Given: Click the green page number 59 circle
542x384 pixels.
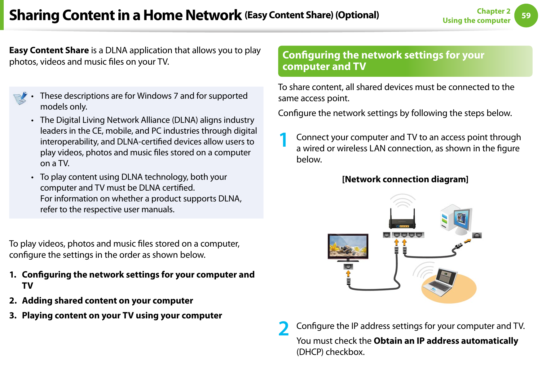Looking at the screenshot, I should [x=526, y=15].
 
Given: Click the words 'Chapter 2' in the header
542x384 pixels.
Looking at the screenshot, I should [x=493, y=11].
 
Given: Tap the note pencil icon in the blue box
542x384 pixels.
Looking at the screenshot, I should [x=20, y=98].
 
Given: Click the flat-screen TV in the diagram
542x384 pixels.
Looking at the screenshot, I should [x=348, y=246].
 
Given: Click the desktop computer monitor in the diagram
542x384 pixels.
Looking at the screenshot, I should [x=462, y=218].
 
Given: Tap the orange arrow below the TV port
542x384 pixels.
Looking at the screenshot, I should [x=348, y=274].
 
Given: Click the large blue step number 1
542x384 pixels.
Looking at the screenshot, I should [x=283, y=140].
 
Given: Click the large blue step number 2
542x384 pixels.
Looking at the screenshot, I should [x=283, y=329].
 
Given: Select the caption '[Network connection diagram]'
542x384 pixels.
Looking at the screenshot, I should [x=405, y=179].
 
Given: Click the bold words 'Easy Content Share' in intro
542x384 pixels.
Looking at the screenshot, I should [x=49, y=50].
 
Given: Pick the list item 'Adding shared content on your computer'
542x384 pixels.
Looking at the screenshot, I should [x=107, y=300].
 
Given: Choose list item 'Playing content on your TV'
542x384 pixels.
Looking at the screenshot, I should [x=122, y=315].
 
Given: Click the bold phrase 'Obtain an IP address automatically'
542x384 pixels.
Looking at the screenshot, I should [x=446, y=341].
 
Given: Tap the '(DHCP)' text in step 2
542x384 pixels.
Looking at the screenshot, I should [x=310, y=352].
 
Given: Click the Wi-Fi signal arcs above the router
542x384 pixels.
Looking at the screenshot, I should [x=402, y=201].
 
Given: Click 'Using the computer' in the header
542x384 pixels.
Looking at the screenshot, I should [x=476, y=20].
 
